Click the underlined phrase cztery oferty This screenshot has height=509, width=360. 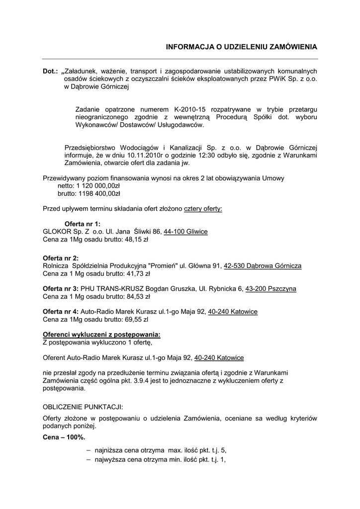point(203,209)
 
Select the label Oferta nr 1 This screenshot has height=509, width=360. point(83,224)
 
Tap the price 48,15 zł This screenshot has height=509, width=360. point(137,240)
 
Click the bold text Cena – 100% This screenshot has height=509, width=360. point(64,437)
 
